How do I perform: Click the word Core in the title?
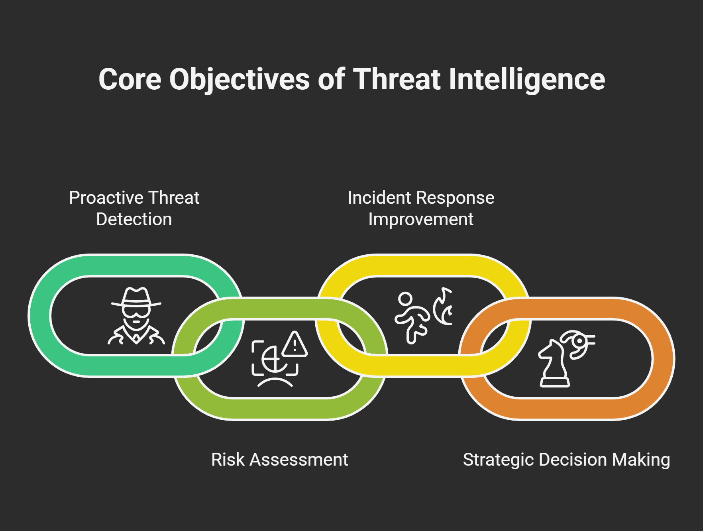click(x=130, y=79)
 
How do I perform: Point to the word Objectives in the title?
click(x=240, y=80)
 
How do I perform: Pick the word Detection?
click(x=134, y=219)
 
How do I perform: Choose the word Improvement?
click(x=421, y=220)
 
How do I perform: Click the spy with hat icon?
click(x=136, y=316)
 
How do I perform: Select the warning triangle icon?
click(x=295, y=344)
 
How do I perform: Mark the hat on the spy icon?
click(x=136, y=297)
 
